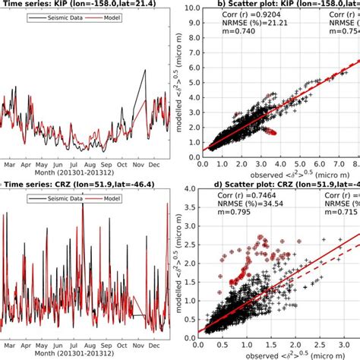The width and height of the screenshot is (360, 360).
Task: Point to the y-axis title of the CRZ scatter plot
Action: pyautogui.click(x=180, y=258)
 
